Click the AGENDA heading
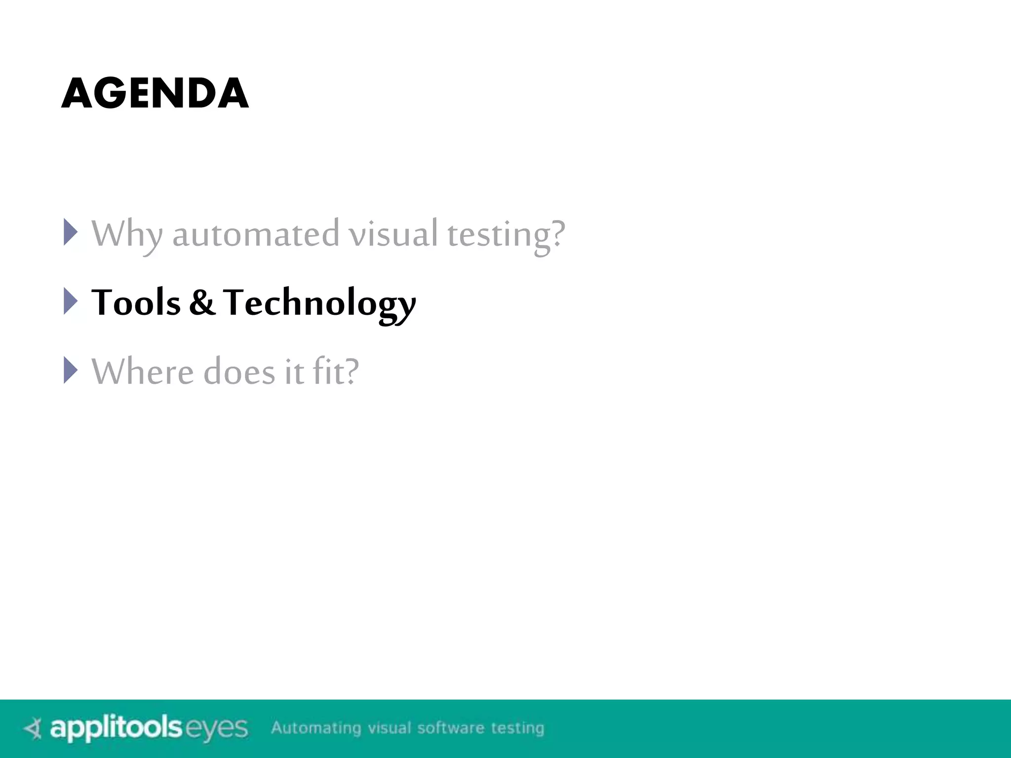point(155,93)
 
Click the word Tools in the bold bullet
point(136,303)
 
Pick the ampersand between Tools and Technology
point(202,303)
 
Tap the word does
point(239,372)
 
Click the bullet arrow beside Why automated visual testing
point(71,232)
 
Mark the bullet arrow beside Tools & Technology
point(71,301)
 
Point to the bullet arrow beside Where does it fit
point(71,370)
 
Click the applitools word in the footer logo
point(117,728)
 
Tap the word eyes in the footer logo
point(216,729)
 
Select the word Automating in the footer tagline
point(316,728)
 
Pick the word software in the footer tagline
point(450,728)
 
